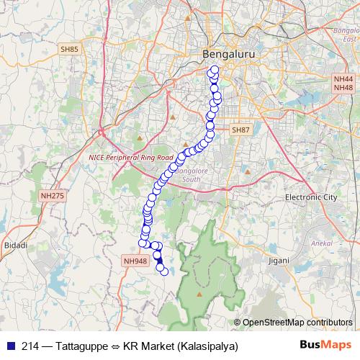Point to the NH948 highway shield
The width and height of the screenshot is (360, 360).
135,261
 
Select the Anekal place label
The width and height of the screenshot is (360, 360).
320,243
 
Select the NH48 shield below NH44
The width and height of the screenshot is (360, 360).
343,87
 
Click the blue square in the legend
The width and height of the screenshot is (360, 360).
9,346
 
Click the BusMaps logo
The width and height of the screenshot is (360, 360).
325,346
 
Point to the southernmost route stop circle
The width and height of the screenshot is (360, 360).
165,271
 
